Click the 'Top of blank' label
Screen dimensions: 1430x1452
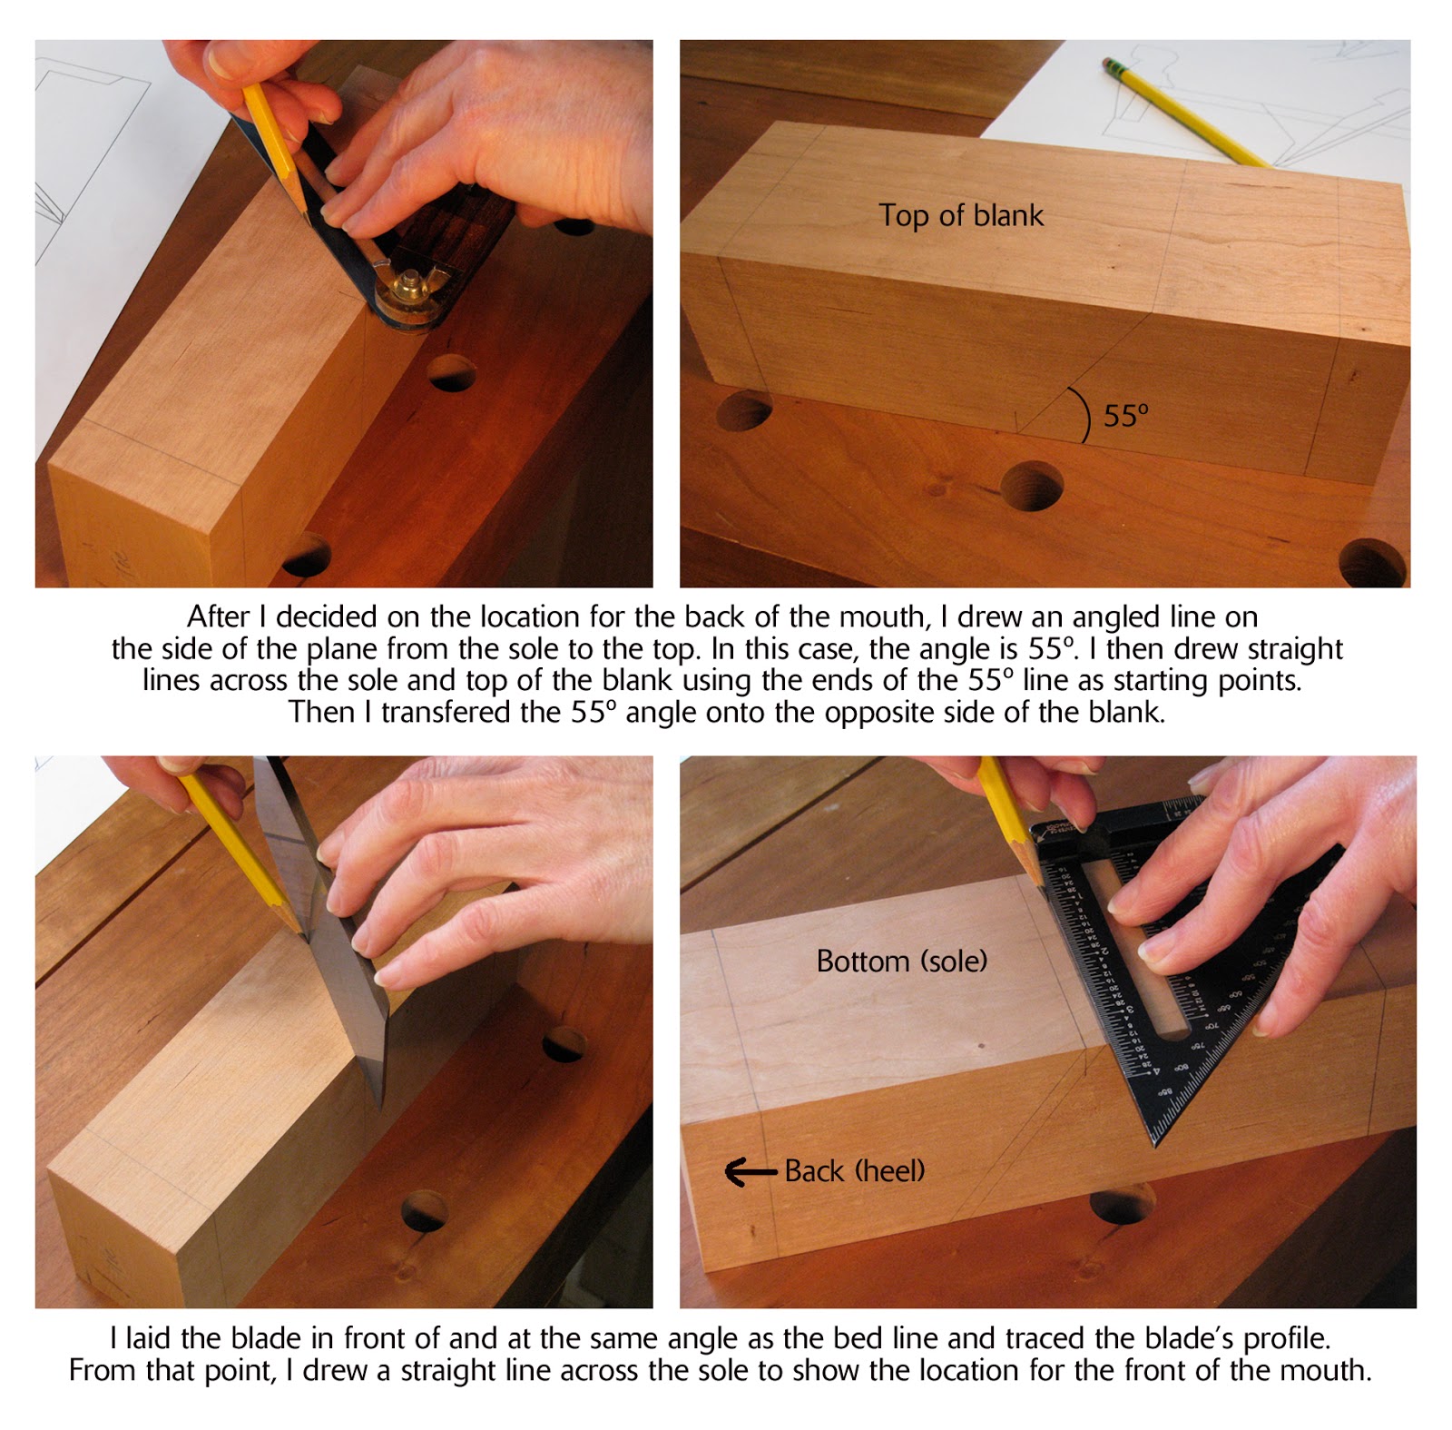coord(960,215)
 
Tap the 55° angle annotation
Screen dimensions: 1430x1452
coord(1125,416)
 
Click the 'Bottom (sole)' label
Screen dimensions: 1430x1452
coord(901,961)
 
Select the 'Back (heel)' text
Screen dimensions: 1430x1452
coord(854,1170)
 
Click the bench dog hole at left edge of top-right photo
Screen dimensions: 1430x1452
coord(744,411)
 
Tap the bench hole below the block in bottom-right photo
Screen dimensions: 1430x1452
coord(1121,1204)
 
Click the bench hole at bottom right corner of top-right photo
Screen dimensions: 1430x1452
coord(1372,563)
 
